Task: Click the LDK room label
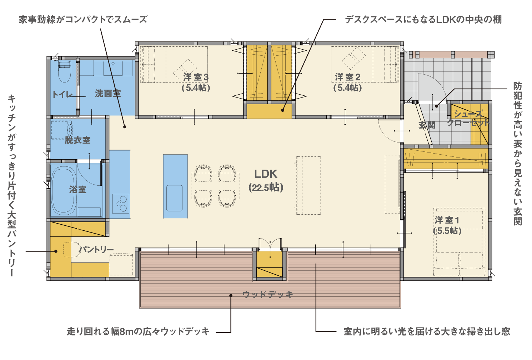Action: coord(266,181)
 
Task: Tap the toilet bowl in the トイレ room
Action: coord(64,71)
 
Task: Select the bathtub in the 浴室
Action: coord(64,190)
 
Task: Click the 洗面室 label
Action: coord(108,93)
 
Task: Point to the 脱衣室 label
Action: coord(78,140)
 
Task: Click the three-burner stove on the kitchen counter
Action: coord(121,204)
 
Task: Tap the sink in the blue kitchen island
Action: coord(174,198)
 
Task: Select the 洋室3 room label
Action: coord(196,82)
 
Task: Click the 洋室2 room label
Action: coord(348,82)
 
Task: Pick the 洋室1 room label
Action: coord(447,225)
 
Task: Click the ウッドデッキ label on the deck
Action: coord(268,295)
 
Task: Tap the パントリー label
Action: coord(96,250)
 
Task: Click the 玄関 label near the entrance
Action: coord(427,125)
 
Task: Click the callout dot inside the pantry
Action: coord(56,251)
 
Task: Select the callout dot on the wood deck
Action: coord(231,296)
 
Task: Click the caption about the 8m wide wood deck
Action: coord(138,331)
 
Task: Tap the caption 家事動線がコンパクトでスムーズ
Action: coord(83,19)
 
